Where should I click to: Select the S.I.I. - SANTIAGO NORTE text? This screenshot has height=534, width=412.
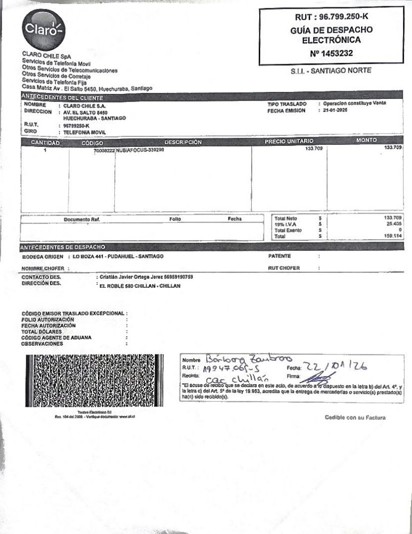click(x=331, y=71)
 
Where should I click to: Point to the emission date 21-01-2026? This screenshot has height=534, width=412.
click(x=335, y=111)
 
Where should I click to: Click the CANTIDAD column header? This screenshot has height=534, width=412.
click(x=45, y=142)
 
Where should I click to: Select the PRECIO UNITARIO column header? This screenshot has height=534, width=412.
click(x=289, y=142)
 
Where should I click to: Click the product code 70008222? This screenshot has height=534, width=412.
click(x=104, y=149)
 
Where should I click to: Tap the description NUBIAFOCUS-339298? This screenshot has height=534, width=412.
click(x=139, y=149)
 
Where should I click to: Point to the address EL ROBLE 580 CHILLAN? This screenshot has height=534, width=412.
click(x=140, y=286)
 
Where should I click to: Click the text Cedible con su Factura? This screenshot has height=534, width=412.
click(x=355, y=417)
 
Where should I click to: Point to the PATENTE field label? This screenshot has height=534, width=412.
click(x=279, y=256)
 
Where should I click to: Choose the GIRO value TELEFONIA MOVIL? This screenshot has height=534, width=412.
click(x=85, y=133)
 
